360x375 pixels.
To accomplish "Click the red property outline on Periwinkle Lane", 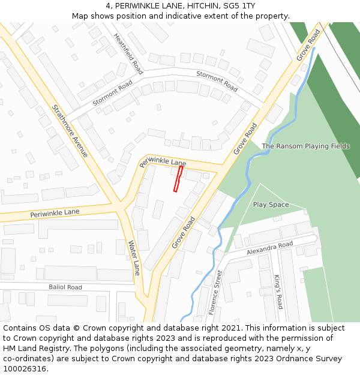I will pos(178,179).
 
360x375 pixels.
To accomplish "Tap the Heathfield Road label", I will pos(128,53).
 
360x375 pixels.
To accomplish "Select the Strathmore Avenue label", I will pos(70,131).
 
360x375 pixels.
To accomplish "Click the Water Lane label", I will pos(134,257).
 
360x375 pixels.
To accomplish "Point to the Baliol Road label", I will pos(65,287).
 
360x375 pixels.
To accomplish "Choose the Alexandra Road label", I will pos(269,248).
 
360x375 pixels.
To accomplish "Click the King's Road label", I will pos(278,292).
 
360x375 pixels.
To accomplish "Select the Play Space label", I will pos(271,205).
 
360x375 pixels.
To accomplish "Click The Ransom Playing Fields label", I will pos(305,146).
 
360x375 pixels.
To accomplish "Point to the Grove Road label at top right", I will pos(308,45).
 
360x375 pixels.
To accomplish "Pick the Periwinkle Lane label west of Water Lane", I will pos(55,213).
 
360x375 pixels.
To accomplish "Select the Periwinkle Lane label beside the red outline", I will pos(163,161).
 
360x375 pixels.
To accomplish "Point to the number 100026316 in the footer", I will pos(25,368).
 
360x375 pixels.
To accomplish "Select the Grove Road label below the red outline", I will pos(184,233).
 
